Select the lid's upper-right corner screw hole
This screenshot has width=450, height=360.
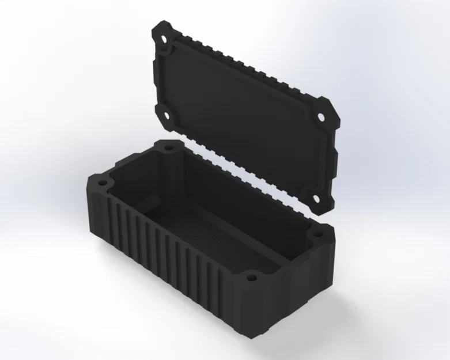[320, 119]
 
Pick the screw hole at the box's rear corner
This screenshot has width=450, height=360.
[169, 148]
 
